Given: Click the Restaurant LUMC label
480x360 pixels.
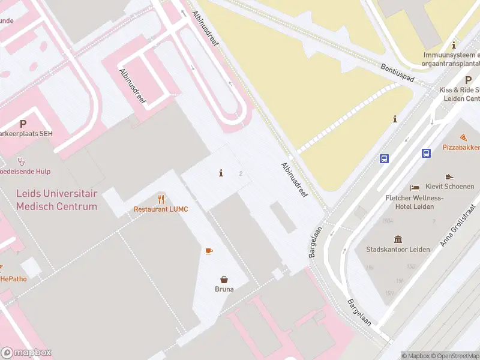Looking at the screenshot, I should coord(161,209).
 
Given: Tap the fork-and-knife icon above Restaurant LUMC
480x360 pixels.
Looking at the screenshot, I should coord(161,199).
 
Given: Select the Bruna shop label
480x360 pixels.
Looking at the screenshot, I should coord(224,289).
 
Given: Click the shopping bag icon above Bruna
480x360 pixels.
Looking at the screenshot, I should coord(224,279).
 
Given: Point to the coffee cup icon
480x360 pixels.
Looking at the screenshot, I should coord(209,251).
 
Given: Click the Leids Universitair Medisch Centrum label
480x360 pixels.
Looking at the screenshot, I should coord(56,200).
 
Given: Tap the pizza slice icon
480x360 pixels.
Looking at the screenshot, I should coord(464,137).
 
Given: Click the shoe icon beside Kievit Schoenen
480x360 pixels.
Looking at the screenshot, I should coord(449,177).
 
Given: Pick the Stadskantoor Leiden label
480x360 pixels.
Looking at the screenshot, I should coord(398,249).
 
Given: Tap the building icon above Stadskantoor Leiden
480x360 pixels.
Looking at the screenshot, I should coord(398,239).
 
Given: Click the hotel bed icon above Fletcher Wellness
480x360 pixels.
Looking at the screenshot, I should coord(415,188).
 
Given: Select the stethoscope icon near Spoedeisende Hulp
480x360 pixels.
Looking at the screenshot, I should coord(22,161).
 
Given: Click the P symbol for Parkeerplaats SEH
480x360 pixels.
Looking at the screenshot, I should coord(23,124).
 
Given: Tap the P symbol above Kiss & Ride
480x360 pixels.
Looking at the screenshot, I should coord(468,80).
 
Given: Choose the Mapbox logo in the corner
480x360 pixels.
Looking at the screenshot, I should coord(26,353).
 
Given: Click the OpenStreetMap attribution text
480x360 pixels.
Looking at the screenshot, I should coord(456,356).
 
